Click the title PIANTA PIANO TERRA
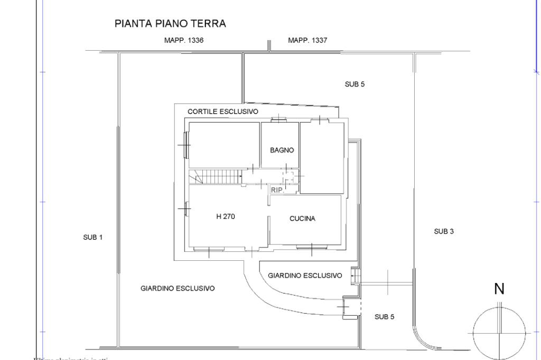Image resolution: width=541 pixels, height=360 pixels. (x=170, y=24)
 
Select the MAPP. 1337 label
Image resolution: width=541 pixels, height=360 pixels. (x=307, y=41)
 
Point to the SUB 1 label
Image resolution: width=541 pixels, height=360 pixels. (x=93, y=238)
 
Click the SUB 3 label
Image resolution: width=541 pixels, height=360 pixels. (x=444, y=231)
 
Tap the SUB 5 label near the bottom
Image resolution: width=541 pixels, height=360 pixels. (x=384, y=317)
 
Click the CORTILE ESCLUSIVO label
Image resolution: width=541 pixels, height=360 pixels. (x=223, y=112)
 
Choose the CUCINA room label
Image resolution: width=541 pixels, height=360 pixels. (x=302, y=219)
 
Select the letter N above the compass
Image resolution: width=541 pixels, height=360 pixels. (x=499, y=289)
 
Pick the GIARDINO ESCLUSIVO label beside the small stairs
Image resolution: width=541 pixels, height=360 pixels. (x=305, y=276)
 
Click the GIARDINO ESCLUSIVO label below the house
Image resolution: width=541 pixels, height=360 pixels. (x=178, y=288)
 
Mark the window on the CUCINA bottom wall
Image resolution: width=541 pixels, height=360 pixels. (x=311, y=247)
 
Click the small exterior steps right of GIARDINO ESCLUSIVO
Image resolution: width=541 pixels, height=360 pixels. (x=356, y=276)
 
